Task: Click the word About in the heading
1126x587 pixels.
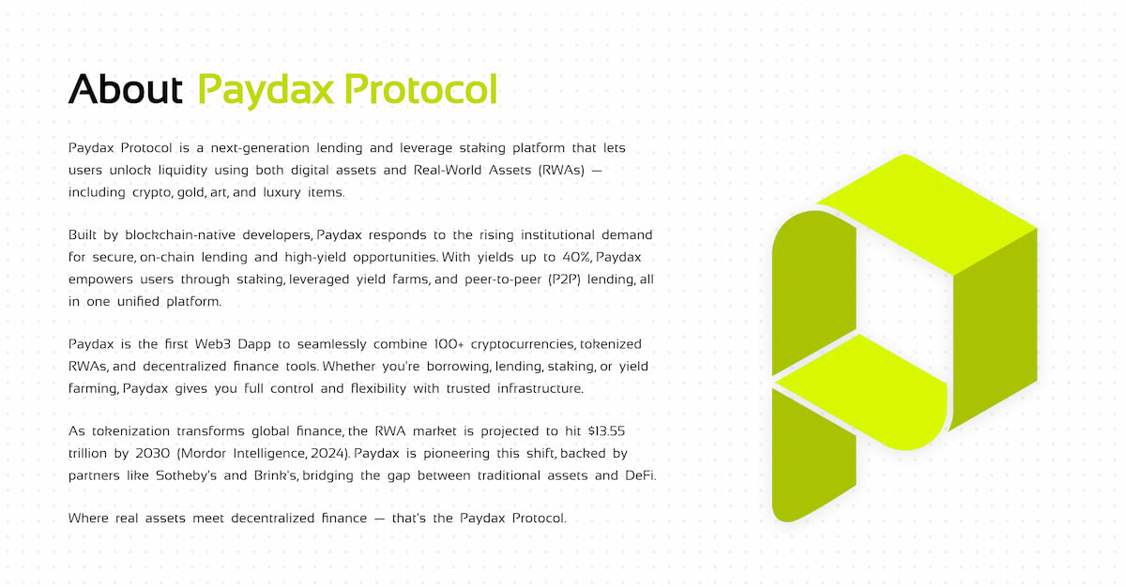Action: (126, 90)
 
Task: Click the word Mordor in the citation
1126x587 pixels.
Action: (221, 454)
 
